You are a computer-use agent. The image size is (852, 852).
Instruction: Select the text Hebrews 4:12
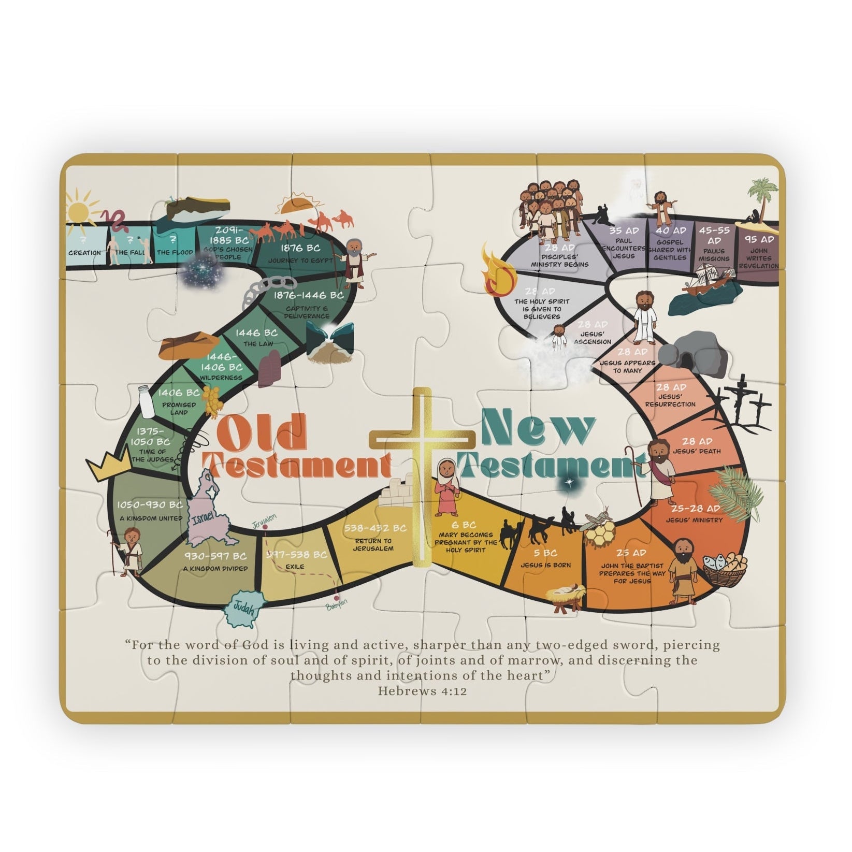pyautogui.click(x=422, y=690)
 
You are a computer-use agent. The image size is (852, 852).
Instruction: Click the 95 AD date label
pyautogui.click(x=759, y=239)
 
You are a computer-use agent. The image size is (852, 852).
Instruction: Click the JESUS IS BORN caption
pyautogui.click(x=546, y=565)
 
